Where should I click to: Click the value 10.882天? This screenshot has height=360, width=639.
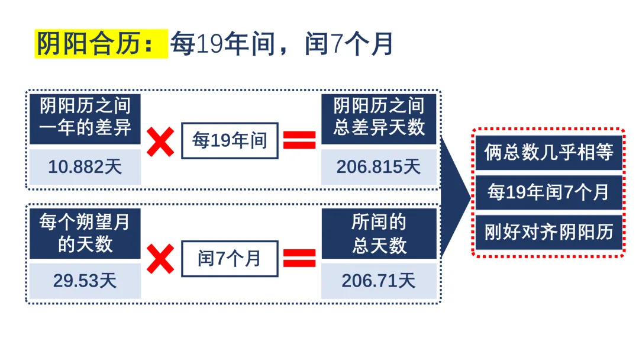[x=85, y=167]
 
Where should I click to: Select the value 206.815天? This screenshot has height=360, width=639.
[x=379, y=167]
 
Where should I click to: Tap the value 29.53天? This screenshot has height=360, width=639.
[x=85, y=281]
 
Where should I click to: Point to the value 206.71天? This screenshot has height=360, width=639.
[x=379, y=281]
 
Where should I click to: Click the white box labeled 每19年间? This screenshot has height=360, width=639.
[x=230, y=141]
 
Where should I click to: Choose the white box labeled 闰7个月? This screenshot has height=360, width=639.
[x=230, y=259]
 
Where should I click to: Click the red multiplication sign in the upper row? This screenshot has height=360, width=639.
[x=160, y=142]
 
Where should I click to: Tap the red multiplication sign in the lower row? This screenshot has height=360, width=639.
[x=160, y=259]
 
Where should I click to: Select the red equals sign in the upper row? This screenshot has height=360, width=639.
[x=299, y=140]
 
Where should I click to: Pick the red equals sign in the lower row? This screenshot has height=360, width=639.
[x=299, y=258]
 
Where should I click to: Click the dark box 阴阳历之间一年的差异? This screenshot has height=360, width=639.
[x=85, y=119]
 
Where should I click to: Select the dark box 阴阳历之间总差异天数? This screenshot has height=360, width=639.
[x=379, y=119]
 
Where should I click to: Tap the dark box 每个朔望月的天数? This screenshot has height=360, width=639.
[x=85, y=234]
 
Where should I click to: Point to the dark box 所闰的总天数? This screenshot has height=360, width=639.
[x=379, y=234]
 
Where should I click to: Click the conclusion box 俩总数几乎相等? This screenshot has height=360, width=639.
[x=549, y=153]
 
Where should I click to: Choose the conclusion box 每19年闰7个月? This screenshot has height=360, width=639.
[x=549, y=192]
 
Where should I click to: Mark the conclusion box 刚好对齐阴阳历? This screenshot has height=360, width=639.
[x=549, y=232]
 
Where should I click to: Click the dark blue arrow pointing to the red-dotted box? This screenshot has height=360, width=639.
[x=456, y=197]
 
